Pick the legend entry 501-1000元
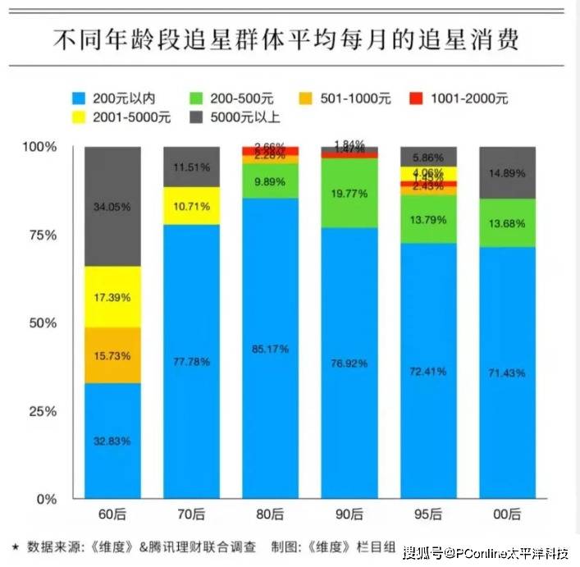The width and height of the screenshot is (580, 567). [x=362, y=98]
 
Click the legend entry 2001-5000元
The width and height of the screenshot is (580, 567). [x=123, y=117]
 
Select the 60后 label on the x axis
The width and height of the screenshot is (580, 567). [x=112, y=515]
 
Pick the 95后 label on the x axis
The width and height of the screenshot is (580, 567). [x=428, y=515]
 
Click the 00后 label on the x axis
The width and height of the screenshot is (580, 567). [x=507, y=515]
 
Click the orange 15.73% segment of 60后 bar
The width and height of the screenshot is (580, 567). [x=112, y=355]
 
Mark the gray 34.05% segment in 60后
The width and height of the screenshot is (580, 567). [x=112, y=207]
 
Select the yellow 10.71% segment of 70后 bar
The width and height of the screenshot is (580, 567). [x=192, y=206]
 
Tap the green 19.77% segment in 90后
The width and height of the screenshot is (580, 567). [x=349, y=193]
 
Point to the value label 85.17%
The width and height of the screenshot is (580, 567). [x=270, y=349]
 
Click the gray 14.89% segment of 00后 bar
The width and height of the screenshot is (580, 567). [x=507, y=172]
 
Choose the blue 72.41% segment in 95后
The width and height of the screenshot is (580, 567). [x=428, y=371]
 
